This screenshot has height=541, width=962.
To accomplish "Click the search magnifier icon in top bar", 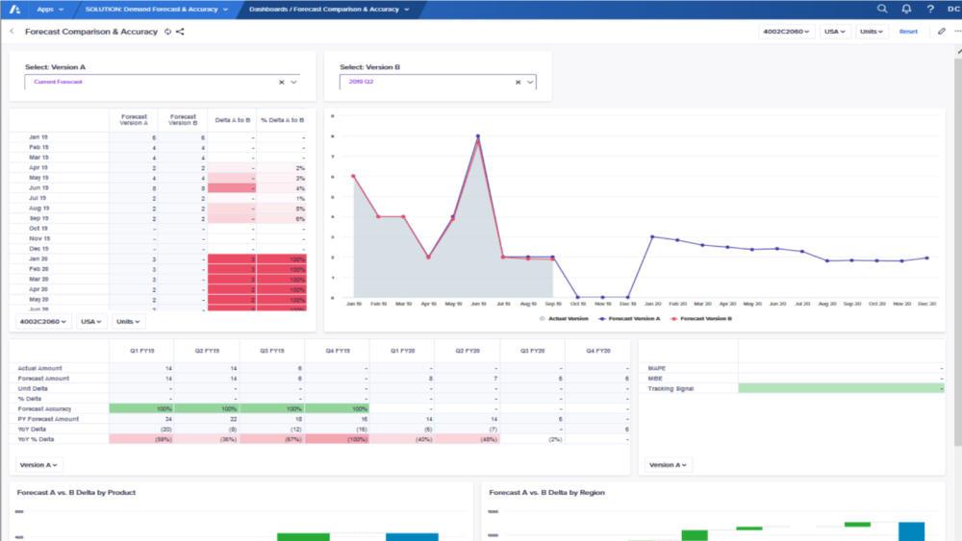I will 882,9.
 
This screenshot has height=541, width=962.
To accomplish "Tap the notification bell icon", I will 906,9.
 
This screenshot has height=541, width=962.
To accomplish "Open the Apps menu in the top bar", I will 49,9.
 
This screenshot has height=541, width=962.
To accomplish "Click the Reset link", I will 908,32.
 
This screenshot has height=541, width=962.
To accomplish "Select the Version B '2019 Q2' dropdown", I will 438,83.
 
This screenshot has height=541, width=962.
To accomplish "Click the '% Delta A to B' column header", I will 282,120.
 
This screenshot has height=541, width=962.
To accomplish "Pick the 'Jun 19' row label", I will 39,187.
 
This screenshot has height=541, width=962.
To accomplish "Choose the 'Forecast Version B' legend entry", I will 704,317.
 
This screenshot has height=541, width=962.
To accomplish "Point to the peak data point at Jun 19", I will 477,137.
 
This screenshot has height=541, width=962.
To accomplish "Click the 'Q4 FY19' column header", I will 337,352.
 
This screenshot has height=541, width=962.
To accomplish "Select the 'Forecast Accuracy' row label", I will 44,408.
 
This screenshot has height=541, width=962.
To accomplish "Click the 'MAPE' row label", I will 657,368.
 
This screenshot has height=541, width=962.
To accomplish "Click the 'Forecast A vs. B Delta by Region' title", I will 547,492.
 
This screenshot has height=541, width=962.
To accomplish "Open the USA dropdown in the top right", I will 834,32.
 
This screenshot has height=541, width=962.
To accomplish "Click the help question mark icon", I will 930,9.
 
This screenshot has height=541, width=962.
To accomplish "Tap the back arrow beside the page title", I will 12,32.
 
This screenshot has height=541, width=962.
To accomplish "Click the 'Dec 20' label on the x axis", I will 926,304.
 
